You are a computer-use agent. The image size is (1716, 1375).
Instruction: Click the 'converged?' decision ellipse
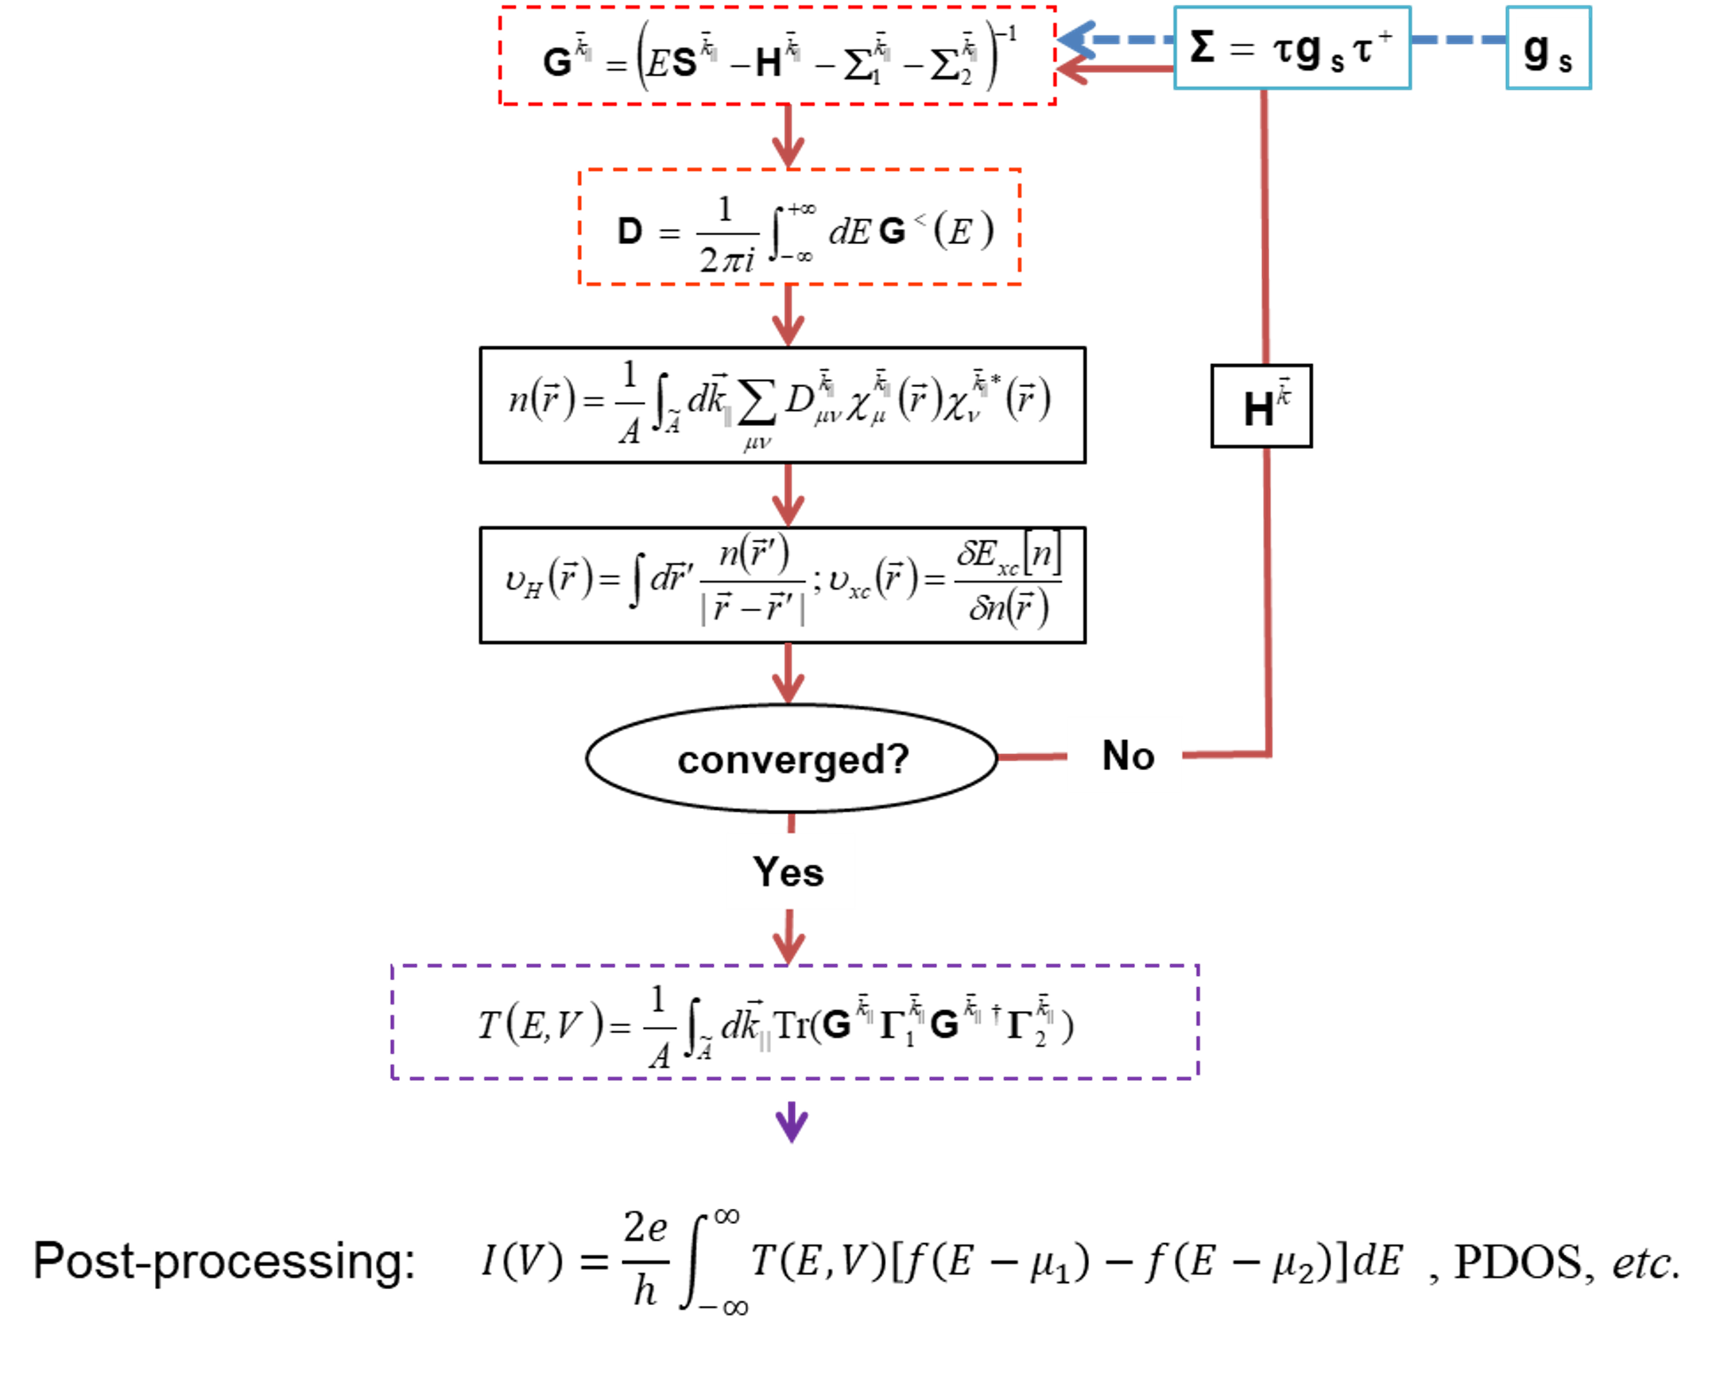click(x=791, y=758)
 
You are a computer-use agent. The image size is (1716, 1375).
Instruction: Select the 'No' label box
click(x=1125, y=754)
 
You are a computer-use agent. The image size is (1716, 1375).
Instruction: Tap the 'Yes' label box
click(x=789, y=871)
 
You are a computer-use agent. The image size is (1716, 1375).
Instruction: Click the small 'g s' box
click(x=1547, y=48)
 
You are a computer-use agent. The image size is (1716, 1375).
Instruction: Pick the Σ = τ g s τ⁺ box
click(x=1292, y=48)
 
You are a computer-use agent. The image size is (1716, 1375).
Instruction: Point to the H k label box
click(x=1261, y=407)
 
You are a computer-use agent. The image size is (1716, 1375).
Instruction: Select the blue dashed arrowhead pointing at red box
click(x=1075, y=40)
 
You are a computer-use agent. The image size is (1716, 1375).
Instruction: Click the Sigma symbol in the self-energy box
click(x=1202, y=47)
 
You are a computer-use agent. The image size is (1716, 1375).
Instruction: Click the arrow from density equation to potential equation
click(x=788, y=495)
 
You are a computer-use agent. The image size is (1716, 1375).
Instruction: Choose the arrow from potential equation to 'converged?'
click(x=788, y=674)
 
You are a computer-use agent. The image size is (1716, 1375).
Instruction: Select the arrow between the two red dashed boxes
click(x=788, y=137)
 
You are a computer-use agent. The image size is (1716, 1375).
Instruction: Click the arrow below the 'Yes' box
click(x=788, y=937)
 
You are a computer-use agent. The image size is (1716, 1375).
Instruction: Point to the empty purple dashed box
click(x=794, y=1021)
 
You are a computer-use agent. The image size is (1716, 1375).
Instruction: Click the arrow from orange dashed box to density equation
click(x=788, y=315)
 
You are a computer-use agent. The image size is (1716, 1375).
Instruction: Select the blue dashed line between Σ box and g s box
click(x=1458, y=40)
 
